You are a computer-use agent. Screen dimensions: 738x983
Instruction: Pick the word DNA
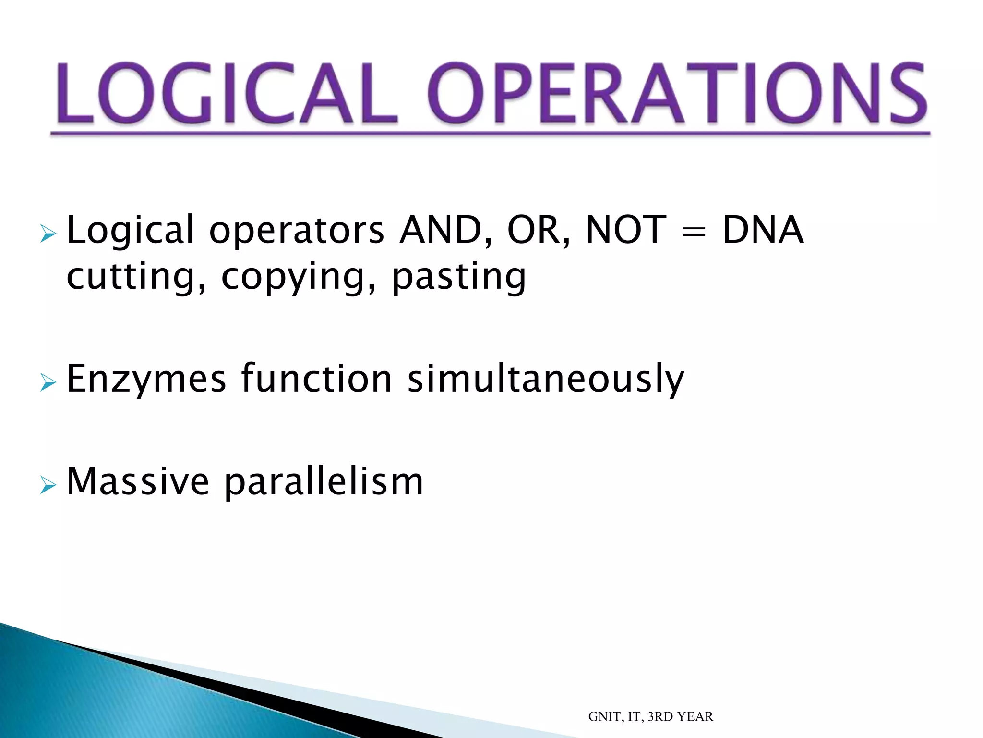(x=763, y=230)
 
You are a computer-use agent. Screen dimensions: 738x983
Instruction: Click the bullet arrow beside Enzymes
(x=48, y=383)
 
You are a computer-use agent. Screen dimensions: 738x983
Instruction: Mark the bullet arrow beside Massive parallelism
(x=48, y=485)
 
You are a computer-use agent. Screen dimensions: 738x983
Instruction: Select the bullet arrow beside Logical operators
(x=48, y=234)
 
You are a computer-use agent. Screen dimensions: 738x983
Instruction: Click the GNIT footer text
(x=650, y=716)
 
